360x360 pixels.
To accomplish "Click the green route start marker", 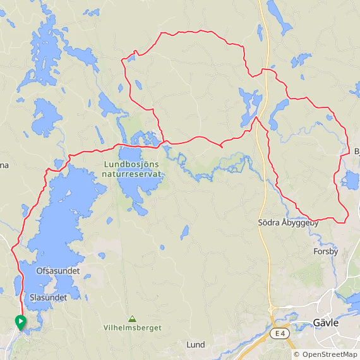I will [20, 322].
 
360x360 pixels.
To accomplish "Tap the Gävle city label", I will [326, 323].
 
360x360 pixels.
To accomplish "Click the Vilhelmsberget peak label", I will [133, 328].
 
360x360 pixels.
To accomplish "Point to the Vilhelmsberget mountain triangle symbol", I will [133, 318].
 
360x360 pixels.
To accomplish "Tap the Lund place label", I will [196, 345].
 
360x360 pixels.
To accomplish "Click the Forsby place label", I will [326, 251].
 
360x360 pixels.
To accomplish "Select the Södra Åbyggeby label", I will [289, 223].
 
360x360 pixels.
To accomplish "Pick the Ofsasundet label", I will [58, 271].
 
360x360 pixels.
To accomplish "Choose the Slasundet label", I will [48, 297].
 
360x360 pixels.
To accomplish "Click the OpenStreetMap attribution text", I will [329, 354].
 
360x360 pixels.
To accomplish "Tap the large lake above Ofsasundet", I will [63, 221].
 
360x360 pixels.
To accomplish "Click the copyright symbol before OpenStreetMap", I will [297, 354].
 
